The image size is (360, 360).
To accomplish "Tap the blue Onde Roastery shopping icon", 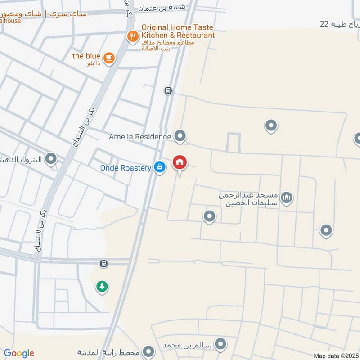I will coord(159,167).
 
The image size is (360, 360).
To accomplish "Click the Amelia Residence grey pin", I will coord(180,135).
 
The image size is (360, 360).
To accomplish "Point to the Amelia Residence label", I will coord(140,136).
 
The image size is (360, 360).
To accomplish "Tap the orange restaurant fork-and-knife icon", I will coord(132,36).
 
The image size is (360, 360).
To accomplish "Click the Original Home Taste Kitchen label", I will coord(178,31).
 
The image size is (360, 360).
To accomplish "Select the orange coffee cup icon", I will coord(108,58).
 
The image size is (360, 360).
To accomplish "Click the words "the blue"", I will coord(86,56).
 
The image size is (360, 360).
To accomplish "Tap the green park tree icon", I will coord(102,286).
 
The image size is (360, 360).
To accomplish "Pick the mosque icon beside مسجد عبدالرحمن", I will coord(287,197).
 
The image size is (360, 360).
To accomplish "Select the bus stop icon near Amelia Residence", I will coord(168,91).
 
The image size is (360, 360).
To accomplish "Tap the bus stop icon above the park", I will coord(104,263).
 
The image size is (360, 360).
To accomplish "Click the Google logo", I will coord(19,353).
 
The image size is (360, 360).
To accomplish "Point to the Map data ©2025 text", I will coord(336,356).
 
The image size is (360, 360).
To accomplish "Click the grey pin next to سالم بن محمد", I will coord(220,345).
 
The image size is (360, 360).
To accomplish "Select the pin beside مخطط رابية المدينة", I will coord(148,351).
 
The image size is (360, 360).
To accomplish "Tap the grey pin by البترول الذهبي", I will coord(52,158).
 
